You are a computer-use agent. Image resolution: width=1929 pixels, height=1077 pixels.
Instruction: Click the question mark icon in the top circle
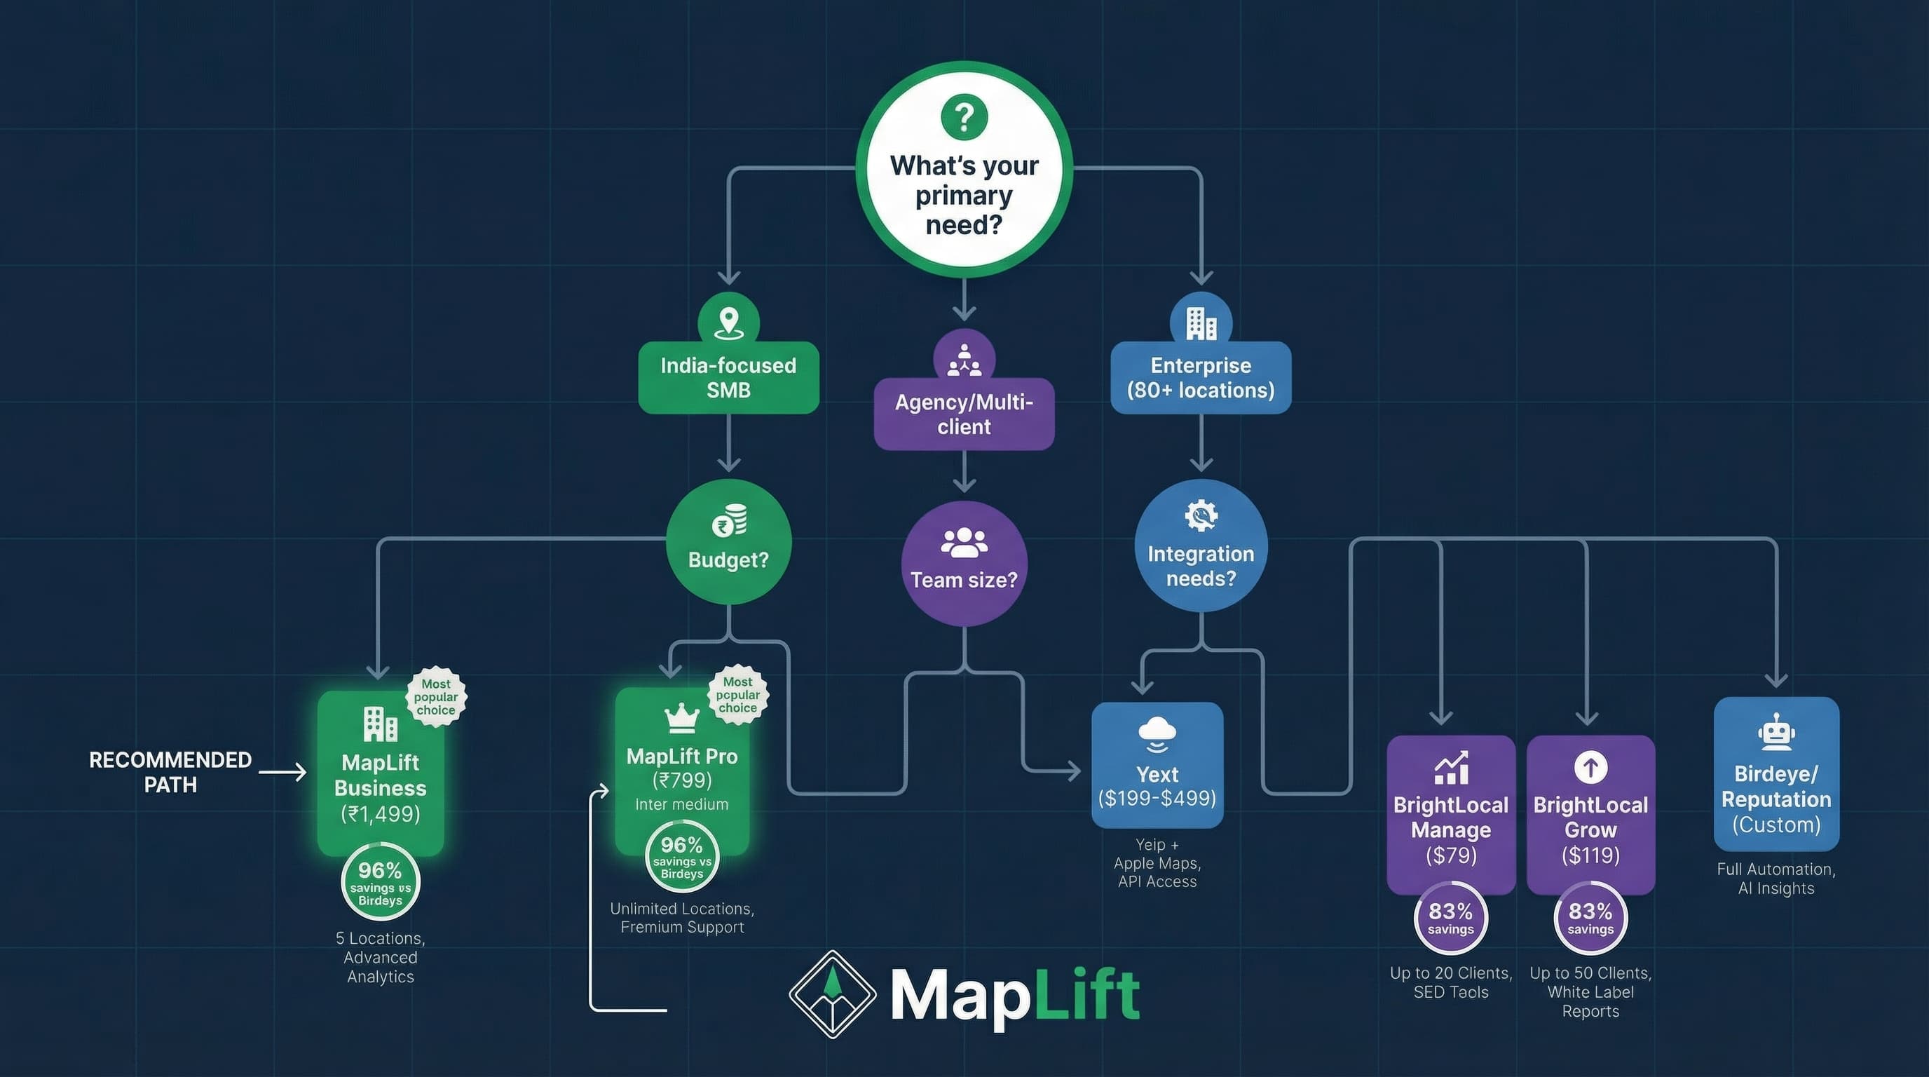pyautogui.click(x=964, y=117)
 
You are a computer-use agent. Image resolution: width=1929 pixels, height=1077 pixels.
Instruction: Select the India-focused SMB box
pyautogui.click(x=728, y=377)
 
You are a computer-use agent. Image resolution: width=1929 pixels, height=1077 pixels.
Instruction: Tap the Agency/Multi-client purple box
pyautogui.click(x=964, y=414)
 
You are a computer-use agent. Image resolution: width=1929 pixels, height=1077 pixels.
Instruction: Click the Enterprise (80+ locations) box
pyautogui.click(x=1201, y=377)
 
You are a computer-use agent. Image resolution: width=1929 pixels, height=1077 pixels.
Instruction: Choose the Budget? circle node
pyautogui.click(x=728, y=542)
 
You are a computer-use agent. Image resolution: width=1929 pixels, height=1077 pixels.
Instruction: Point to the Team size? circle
pyautogui.click(x=964, y=563)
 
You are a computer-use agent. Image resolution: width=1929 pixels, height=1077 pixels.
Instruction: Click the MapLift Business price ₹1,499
pyautogui.click(x=381, y=813)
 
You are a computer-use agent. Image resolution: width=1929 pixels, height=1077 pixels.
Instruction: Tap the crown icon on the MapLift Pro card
pyautogui.click(x=681, y=717)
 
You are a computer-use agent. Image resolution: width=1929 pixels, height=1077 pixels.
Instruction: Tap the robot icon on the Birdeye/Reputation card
pyautogui.click(x=1776, y=733)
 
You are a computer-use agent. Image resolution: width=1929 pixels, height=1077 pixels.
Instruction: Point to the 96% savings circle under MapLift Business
pyautogui.click(x=381, y=882)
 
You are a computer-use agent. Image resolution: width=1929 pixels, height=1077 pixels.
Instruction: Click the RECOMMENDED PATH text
pyautogui.click(x=171, y=772)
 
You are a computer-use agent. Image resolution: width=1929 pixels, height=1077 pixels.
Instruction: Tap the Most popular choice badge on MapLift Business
pyautogui.click(x=437, y=696)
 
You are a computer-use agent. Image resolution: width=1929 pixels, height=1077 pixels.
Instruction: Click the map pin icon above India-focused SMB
pyautogui.click(x=728, y=323)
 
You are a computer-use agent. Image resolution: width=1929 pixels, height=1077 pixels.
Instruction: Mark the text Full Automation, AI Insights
pyautogui.click(x=1776, y=879)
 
